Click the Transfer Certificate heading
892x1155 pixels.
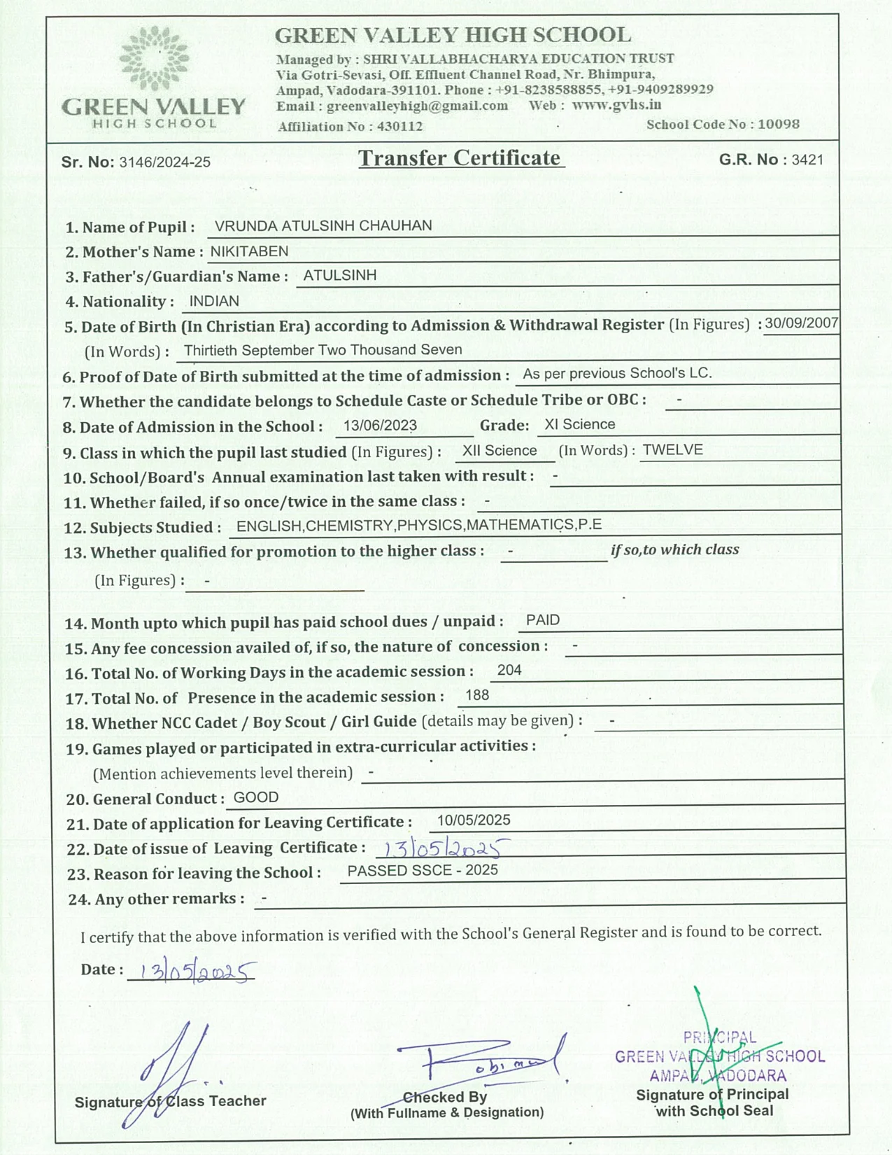460,158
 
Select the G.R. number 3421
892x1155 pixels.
807,160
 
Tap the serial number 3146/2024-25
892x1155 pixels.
165,162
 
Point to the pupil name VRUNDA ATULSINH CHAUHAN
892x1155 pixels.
323,225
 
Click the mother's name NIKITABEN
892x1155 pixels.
249,251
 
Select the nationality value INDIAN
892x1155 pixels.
214,301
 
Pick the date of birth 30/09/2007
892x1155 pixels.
801,323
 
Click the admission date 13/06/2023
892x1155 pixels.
380,426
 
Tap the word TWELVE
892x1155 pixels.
672,449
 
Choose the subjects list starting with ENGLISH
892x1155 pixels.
419,525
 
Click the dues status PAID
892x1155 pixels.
543,619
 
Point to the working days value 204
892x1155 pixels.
509,670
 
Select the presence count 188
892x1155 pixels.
477,695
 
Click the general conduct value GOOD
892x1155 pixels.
256,797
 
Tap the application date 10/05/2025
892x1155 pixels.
474,820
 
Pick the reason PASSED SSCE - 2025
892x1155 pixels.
423,870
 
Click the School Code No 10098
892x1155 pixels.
778,124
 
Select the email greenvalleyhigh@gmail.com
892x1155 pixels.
417,106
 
